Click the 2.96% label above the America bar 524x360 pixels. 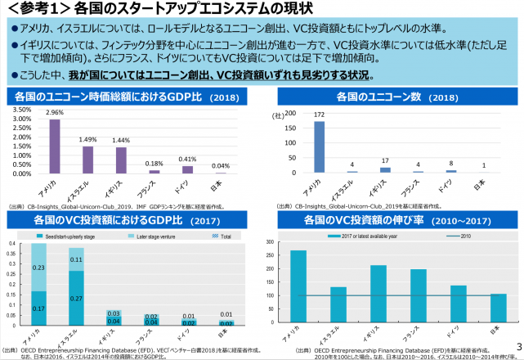click(55, 112)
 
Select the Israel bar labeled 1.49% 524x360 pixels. click(87, 160)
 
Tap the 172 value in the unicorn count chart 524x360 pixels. click(320, 115)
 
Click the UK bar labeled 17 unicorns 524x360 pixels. click(386, 169)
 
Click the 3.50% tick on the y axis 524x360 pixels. click(22, 110)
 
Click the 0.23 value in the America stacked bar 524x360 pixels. click(38, 267)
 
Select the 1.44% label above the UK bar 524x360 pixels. click(121, 141)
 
